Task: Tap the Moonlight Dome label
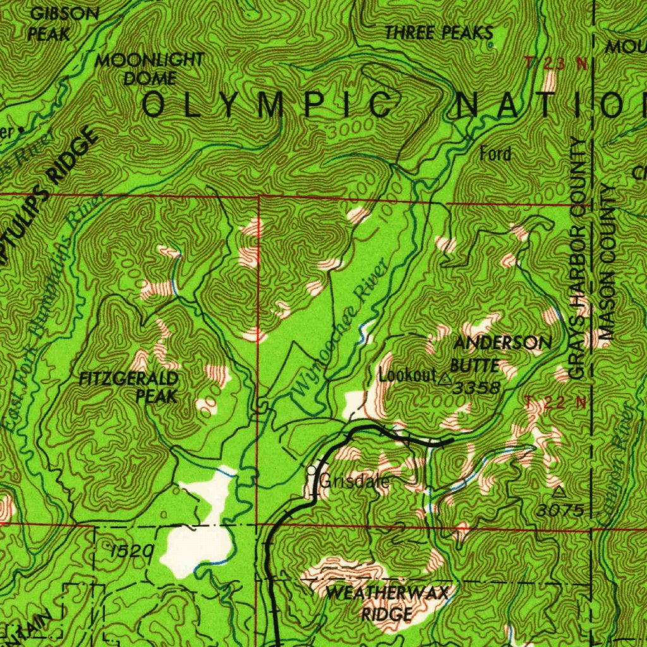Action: coord(150,69)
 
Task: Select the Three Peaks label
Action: coord(438,33)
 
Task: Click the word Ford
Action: coord(495,154)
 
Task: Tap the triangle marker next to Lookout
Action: coord(445,379)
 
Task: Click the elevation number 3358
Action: coord(476,387)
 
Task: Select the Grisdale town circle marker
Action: coord(311,471)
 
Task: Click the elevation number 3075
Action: coord(561,509)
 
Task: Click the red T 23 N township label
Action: coord(555,63)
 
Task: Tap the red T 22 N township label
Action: coord(555,402)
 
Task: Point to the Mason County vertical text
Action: coord(608,262)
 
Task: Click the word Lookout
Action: coord(408,374)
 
